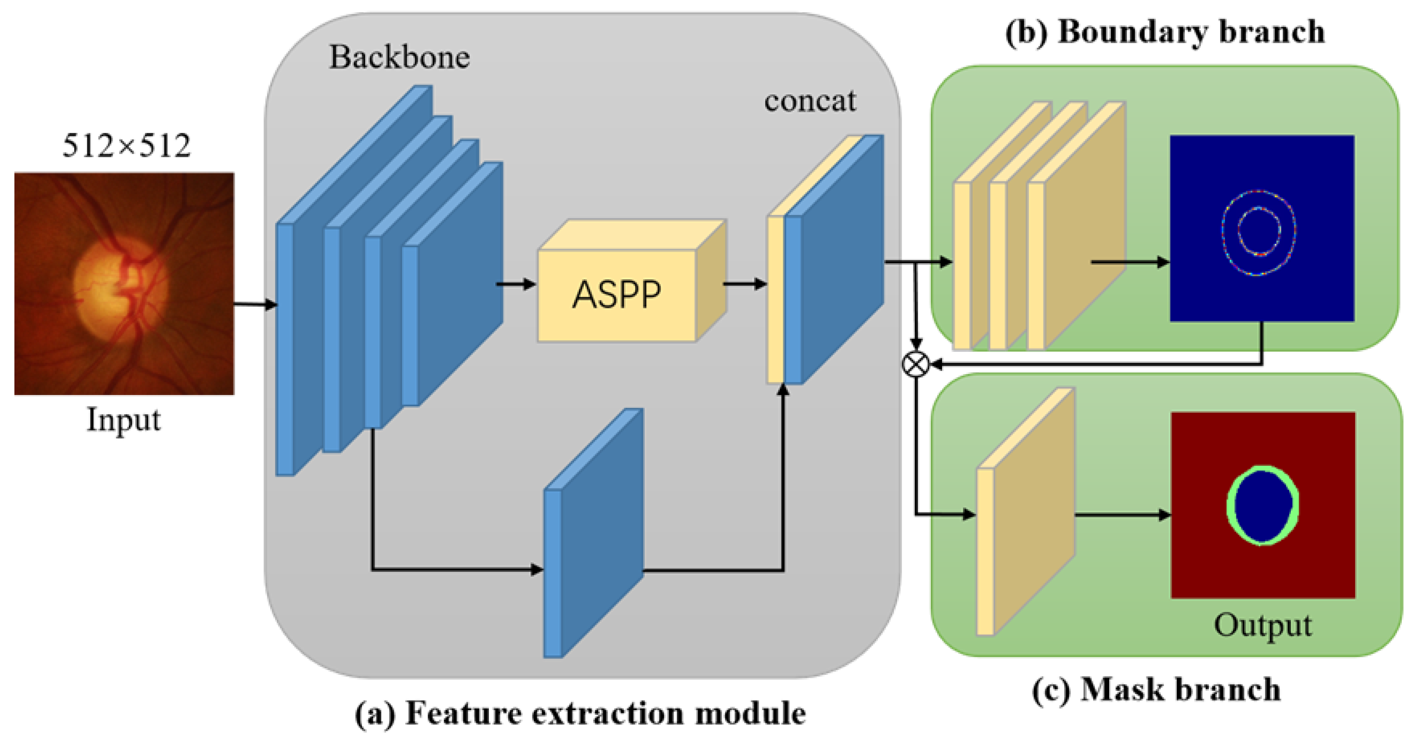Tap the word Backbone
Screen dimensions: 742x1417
399,57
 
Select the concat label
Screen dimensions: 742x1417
810,101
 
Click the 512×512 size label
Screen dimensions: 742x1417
126,146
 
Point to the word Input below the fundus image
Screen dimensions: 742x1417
124,420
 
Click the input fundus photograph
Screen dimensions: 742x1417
124,283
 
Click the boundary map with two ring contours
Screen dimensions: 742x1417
1262,228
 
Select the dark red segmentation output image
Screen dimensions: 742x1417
1263,505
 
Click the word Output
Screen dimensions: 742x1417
1262,625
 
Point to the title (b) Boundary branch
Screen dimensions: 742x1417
1165,32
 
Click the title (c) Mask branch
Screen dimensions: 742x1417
1156,690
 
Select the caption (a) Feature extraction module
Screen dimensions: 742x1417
580,713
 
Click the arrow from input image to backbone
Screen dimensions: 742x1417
255,304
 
